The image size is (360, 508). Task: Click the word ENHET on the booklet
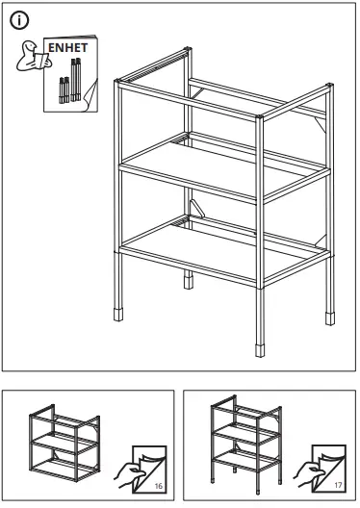pyautogui.click(x=63, y=47)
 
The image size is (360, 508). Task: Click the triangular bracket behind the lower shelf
pyautogui.click(x=196, y=211)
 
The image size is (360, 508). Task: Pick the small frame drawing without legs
pyautogui.click(x=64, y=437)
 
